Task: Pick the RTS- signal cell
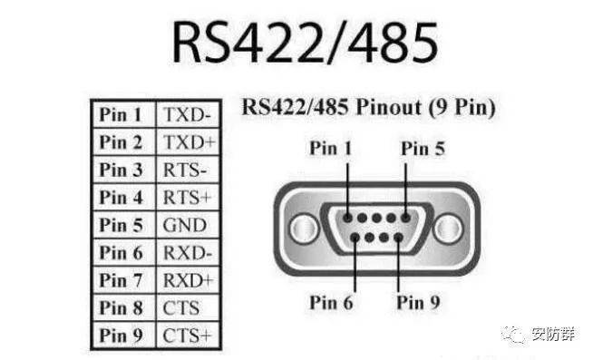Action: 184,170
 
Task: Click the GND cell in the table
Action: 184,225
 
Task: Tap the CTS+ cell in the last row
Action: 186,336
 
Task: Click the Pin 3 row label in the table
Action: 122,170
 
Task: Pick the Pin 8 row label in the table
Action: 122,308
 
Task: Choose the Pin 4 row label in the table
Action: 122,198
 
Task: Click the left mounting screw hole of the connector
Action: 302,226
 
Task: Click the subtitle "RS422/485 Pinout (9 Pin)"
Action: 368,107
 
